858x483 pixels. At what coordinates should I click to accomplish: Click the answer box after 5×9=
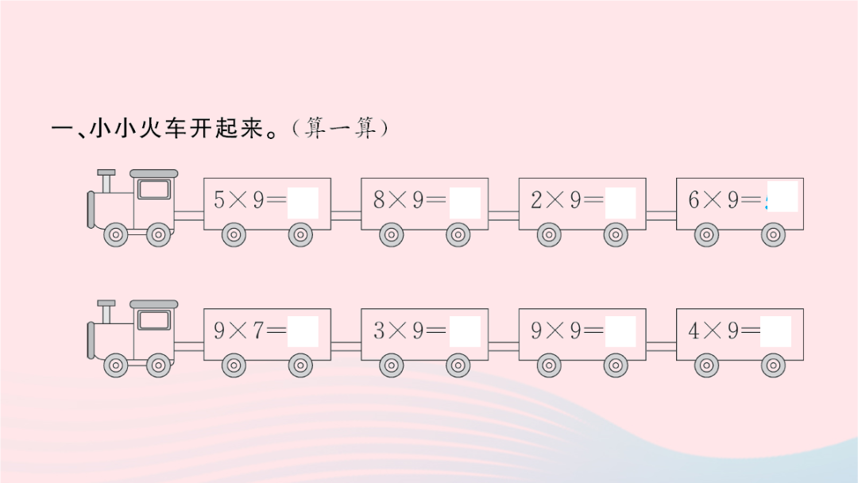pos(303,203)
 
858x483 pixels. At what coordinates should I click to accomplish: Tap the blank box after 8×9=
pos(465,203)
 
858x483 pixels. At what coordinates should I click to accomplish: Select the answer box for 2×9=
pos(620,203)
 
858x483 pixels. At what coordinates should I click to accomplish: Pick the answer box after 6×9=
pos(783,196)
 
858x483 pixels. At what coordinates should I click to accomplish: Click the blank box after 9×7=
pos(303,331)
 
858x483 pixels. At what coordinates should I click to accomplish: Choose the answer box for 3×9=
pos(465,331)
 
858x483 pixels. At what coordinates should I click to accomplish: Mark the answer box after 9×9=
pos(620,331)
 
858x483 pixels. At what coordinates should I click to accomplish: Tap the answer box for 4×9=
pos(776,331)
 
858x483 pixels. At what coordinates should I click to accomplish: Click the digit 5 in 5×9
pos(219,199)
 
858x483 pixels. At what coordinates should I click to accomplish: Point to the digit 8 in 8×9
pos(379,199)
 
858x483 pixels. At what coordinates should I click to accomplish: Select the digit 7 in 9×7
pos(258,330)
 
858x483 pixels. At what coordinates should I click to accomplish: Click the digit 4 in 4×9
pos(694,330)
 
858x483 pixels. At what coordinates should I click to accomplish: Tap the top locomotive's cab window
pos(154,189)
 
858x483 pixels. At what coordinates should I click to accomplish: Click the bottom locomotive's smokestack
pos(106,311)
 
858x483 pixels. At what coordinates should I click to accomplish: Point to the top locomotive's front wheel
pos(116,235)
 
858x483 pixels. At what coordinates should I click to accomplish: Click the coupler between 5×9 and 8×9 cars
pos(346,215)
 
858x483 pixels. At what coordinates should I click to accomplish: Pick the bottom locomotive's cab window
pos(154,320)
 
